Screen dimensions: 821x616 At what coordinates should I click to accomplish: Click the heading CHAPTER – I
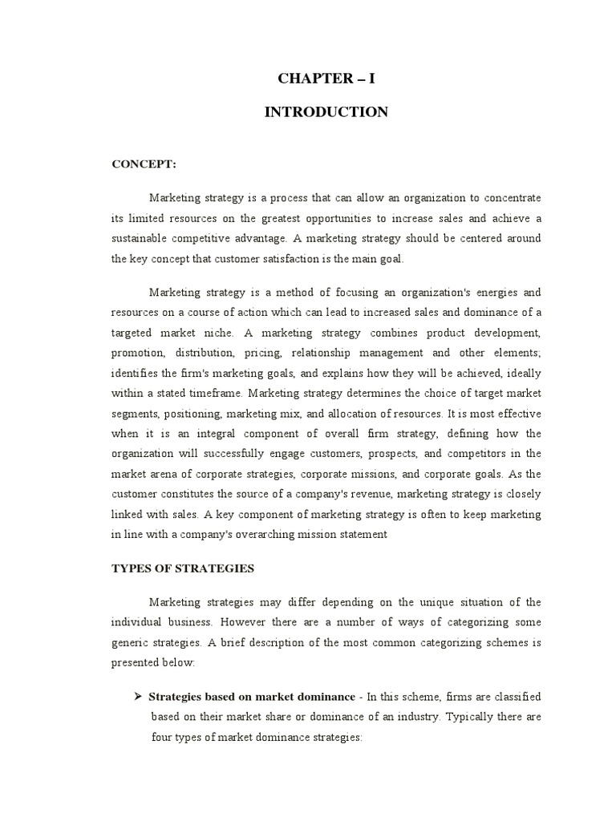point(326,79)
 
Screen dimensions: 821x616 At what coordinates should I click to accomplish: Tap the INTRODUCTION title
point(326,112)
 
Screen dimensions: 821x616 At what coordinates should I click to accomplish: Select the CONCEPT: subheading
point(144,164)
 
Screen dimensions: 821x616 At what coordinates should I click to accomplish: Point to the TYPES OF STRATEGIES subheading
point(182,568)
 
